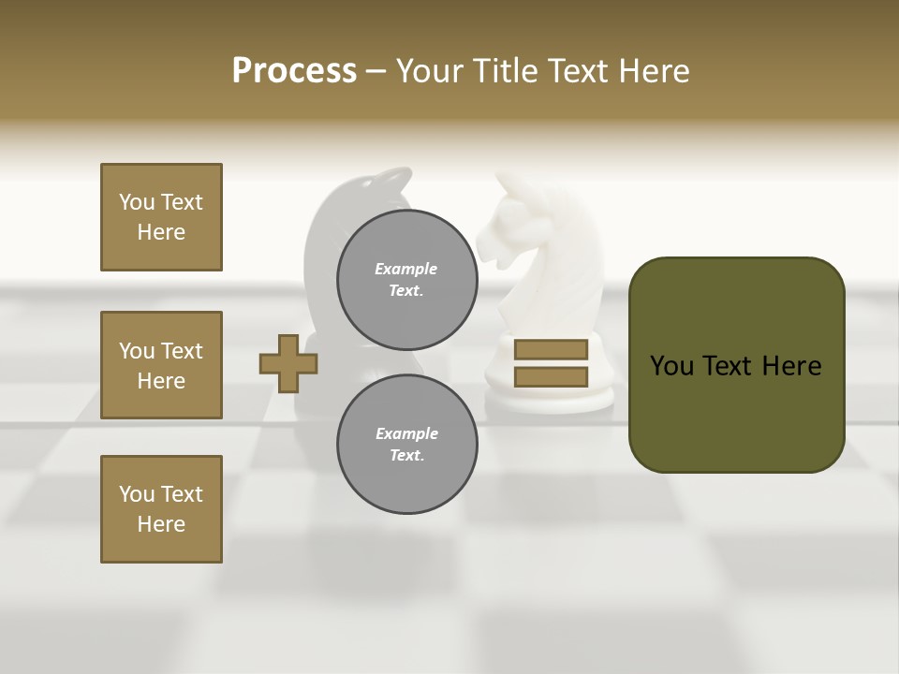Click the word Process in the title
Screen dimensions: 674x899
coord(294,71)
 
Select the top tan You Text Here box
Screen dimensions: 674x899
coord(161,217)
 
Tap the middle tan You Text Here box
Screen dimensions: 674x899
coord(161,365)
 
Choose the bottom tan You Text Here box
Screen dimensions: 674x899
coord(161,509)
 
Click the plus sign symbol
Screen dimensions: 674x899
coord(288,363)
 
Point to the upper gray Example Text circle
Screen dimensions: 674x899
coord(407,280)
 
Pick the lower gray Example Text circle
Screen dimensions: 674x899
coord(407,445)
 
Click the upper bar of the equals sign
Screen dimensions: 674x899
coord(551,349)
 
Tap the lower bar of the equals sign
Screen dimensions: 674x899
coord(551,376)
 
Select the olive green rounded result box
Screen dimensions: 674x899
coord(736,365)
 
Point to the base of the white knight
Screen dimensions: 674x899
coord(551,398)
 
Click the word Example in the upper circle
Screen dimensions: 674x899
coord(406,269)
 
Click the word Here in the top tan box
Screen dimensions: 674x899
coord(161,232)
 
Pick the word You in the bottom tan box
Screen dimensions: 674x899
coord(137,494)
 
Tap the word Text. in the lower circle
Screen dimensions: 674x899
coord(406,456)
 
